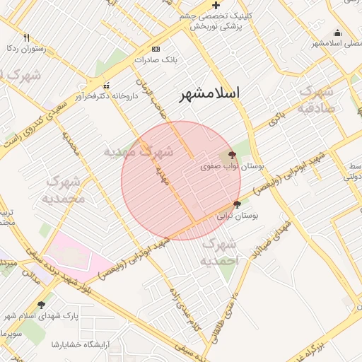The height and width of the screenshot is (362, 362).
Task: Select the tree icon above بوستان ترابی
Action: click(237, 204)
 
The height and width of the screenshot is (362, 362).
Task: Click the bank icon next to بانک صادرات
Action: click(156, 49)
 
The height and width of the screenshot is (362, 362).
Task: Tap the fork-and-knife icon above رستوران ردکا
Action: click(27, 37)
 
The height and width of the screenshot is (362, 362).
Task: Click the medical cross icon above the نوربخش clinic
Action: click(216, 5)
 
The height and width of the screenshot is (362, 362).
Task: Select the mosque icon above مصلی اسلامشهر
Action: click(337, 33)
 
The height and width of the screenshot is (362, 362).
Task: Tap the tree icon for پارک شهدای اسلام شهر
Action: click(41, 305)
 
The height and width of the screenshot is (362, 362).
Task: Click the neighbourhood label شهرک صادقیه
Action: click(315, 100)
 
